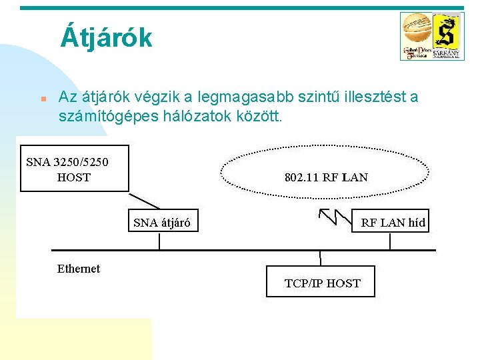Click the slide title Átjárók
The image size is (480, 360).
pyautogui.click(x=106, y=37)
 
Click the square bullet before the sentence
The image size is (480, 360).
pyautogui.click(x=41, y=99)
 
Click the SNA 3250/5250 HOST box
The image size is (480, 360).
pyautogui.click(x=73, y=169)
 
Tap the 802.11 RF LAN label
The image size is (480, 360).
pyautogui.click(x=326, y=177)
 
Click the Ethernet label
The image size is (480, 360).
pyautogui.click(x=78, y=269)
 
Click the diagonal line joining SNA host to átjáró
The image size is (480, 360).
pyautogui.click(x=144, y=201)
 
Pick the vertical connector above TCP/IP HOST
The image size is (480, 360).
pyautogui.click(x=320, y=258)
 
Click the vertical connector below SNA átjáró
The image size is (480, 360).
pyautogui.click(x=159, y=241)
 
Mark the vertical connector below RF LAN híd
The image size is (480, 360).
pyautogui.click(x=390, y=241)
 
